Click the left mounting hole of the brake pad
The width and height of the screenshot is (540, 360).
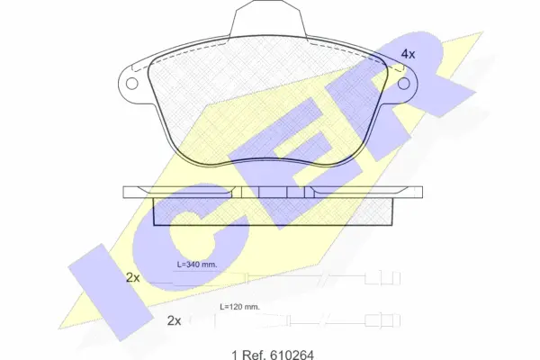pyautogui.click(x=132, y=84)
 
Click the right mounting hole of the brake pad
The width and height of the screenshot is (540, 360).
pyautogui.click(x=404, y=84)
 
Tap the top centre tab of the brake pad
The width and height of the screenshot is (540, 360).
pyautogui.click(x=268, y=18)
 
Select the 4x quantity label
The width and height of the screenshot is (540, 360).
pyautogui.click(x=409, y=54)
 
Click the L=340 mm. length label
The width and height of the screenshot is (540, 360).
pyautogui.click(x=197, y=265)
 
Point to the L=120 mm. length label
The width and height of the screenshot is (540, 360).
pyautogui.click(x=240, y=307)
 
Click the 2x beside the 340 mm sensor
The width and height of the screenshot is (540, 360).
pyautogui.click(x=133, y=277)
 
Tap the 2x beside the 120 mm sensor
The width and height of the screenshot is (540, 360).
pyautogui.click(x=174, y=320)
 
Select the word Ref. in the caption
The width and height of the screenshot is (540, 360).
pyautogui.click(x=253, y=355)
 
